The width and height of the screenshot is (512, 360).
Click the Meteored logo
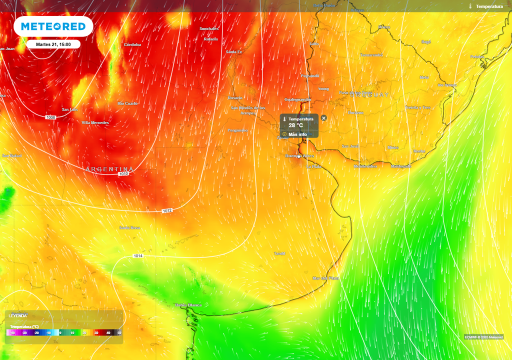(53, 26)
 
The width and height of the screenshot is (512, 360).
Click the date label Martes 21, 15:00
(53, 44)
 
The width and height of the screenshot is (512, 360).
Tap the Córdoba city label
(132, 44)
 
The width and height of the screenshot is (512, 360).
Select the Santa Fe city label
(234, 52)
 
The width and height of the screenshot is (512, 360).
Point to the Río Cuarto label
(127, 103)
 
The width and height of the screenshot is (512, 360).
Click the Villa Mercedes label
(95, 122)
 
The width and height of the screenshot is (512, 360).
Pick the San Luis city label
(70, 109)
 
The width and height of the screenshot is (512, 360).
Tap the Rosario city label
(235, 98)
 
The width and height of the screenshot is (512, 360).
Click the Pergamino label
(237, 130)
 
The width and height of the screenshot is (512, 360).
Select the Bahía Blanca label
(188, 305)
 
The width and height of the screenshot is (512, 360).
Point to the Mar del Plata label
(326, 278)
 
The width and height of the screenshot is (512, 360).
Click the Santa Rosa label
(129, 227)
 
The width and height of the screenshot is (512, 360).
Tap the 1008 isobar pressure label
(50, 117)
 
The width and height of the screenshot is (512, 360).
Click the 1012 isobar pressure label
(167, 210)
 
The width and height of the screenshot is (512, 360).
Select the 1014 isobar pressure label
(138, 256)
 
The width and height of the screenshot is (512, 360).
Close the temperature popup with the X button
(323, 118)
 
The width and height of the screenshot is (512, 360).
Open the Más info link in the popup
(297, 134)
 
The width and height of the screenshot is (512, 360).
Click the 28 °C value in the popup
(295, 125)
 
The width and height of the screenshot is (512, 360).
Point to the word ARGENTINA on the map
(110, 169)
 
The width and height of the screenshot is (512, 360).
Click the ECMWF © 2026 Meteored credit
(483, 336)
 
